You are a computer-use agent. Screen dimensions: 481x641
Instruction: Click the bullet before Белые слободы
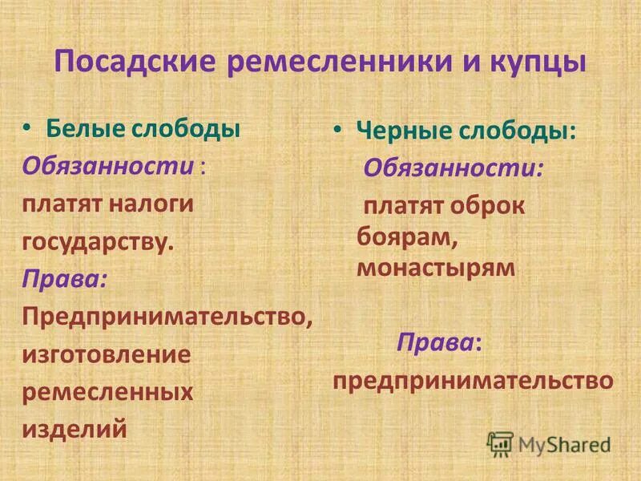click(x=29, y=127)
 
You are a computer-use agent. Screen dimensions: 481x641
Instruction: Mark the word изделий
click(x=75, y=429)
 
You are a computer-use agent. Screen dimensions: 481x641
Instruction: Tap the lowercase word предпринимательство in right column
click(x=473, y=380)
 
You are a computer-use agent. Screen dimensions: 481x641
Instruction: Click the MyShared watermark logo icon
click(x=500, y=443)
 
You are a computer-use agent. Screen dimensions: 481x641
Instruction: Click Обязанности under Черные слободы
click(x=454, y=168)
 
